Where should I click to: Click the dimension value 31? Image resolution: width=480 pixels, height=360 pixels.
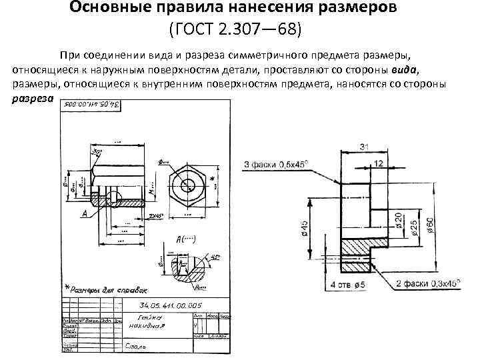(364, 146)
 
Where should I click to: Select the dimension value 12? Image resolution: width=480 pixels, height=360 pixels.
(379, 163)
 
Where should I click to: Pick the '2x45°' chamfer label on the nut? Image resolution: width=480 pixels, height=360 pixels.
(157, 217)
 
